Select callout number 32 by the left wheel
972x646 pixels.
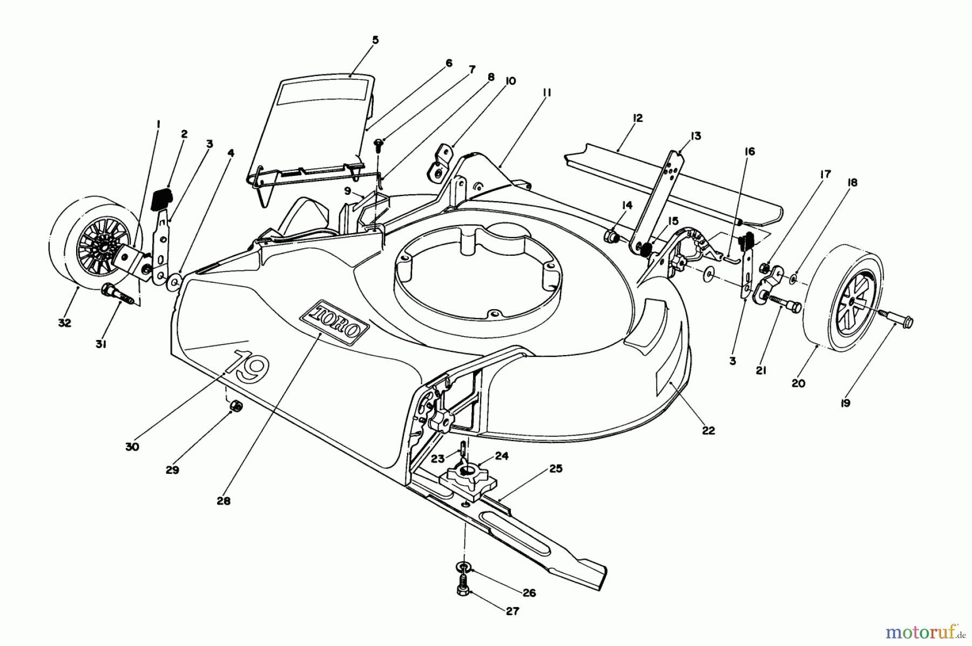tap(65, 323)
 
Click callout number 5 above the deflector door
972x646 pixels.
tap(375, 40)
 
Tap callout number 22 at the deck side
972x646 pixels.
tap(708, 430)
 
